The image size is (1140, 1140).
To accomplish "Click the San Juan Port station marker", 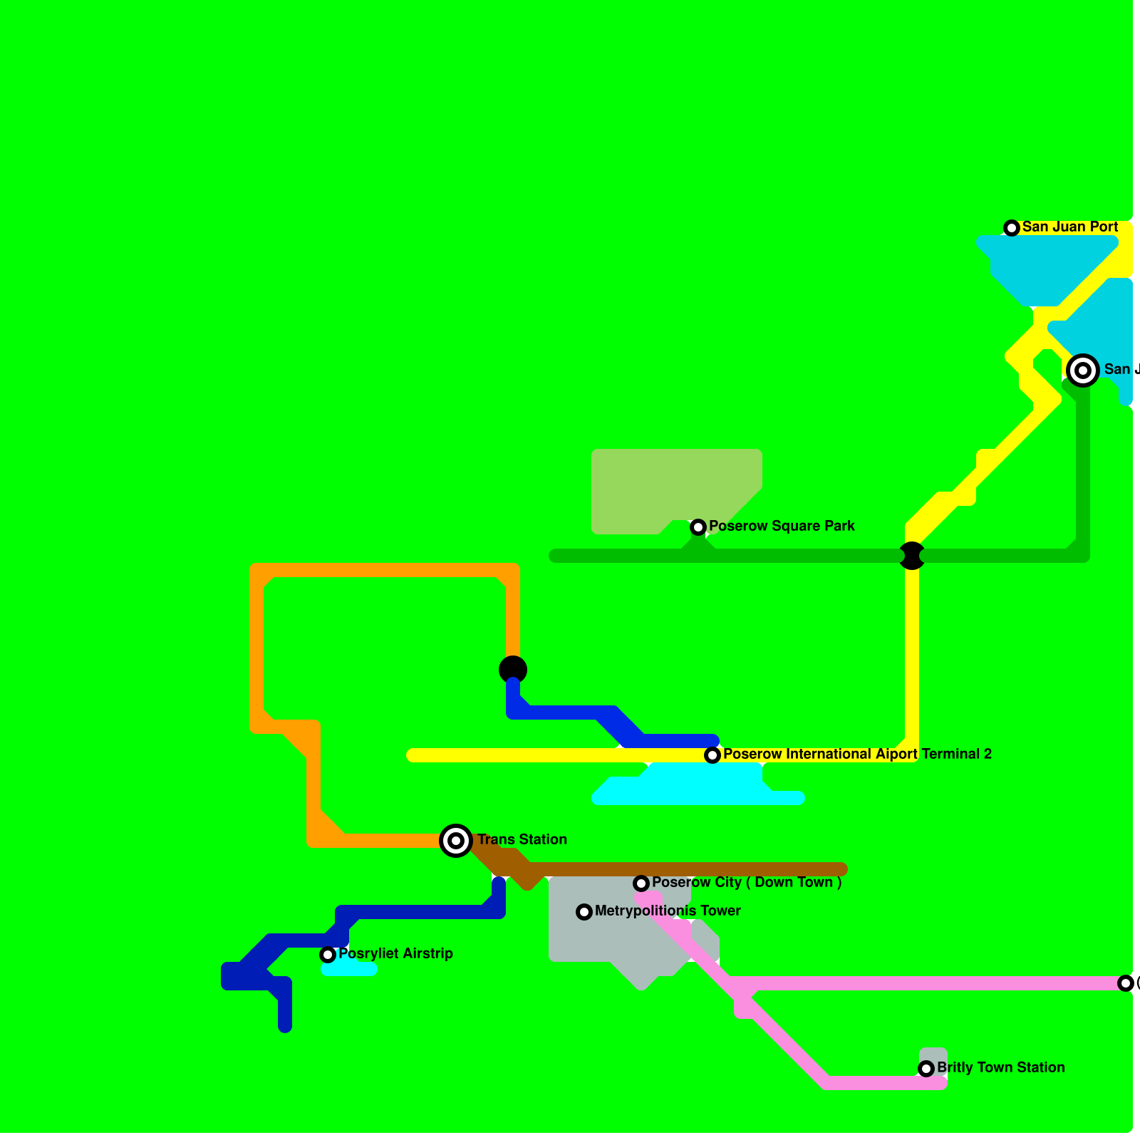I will pos(1012,228).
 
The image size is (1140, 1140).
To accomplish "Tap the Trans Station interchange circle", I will pos(456,841).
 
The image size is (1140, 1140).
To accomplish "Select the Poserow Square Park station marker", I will pos(698,527).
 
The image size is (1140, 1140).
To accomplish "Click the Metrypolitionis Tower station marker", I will pos(584,912).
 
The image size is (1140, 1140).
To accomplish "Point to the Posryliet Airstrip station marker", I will pos(328,955).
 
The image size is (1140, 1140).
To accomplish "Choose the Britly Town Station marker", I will pos(926,1069).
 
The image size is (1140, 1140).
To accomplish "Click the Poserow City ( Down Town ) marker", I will pos(641,883).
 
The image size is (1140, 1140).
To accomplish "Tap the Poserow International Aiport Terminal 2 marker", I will pos(712,755).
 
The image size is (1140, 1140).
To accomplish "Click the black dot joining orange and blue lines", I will pos(513,670).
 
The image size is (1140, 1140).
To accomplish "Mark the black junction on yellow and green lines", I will pos(912,556).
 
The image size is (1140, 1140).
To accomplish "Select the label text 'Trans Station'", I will pos(522,840).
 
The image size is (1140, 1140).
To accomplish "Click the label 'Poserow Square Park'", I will pos(782,527).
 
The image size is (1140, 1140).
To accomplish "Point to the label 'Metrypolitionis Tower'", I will pos(668,911).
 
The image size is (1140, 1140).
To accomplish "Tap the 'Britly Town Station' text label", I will pos(1001,1068).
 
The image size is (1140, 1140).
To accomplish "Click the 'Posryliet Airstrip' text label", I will pos(395,954).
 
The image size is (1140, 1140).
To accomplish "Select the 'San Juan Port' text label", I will pos(1070,227).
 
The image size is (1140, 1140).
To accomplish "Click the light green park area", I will pos(663,484).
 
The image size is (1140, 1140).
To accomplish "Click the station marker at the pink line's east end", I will pos(1126,983).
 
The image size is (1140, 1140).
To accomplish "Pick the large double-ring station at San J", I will pos(1083,370).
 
